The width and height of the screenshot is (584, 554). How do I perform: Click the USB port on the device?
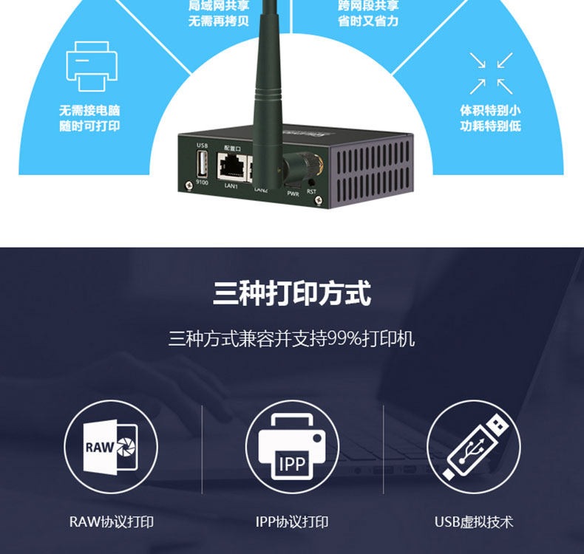coord(203,168)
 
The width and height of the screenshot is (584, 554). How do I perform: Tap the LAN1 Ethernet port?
coord(231,166)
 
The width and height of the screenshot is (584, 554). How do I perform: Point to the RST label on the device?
coord(311,191)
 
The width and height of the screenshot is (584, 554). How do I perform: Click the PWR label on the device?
coord(293,194)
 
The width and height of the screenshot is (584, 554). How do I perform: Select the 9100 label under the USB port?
coord(203,182)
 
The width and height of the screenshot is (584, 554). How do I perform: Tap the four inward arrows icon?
coord(491,72)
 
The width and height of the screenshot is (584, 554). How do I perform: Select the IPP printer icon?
coord(292,447)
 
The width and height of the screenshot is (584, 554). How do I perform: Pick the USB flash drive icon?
coord(474,447)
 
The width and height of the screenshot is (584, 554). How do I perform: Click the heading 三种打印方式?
coord(292,294)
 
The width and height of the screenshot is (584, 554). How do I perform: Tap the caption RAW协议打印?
coord(112,521)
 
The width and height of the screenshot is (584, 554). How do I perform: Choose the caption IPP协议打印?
coord(292,521)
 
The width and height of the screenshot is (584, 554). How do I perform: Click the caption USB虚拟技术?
coord(474,521)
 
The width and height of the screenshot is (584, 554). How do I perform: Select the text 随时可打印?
coord(89,126)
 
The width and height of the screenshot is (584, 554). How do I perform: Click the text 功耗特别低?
coord(491,126)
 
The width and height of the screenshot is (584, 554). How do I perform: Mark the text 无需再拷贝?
coord(219,21)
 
